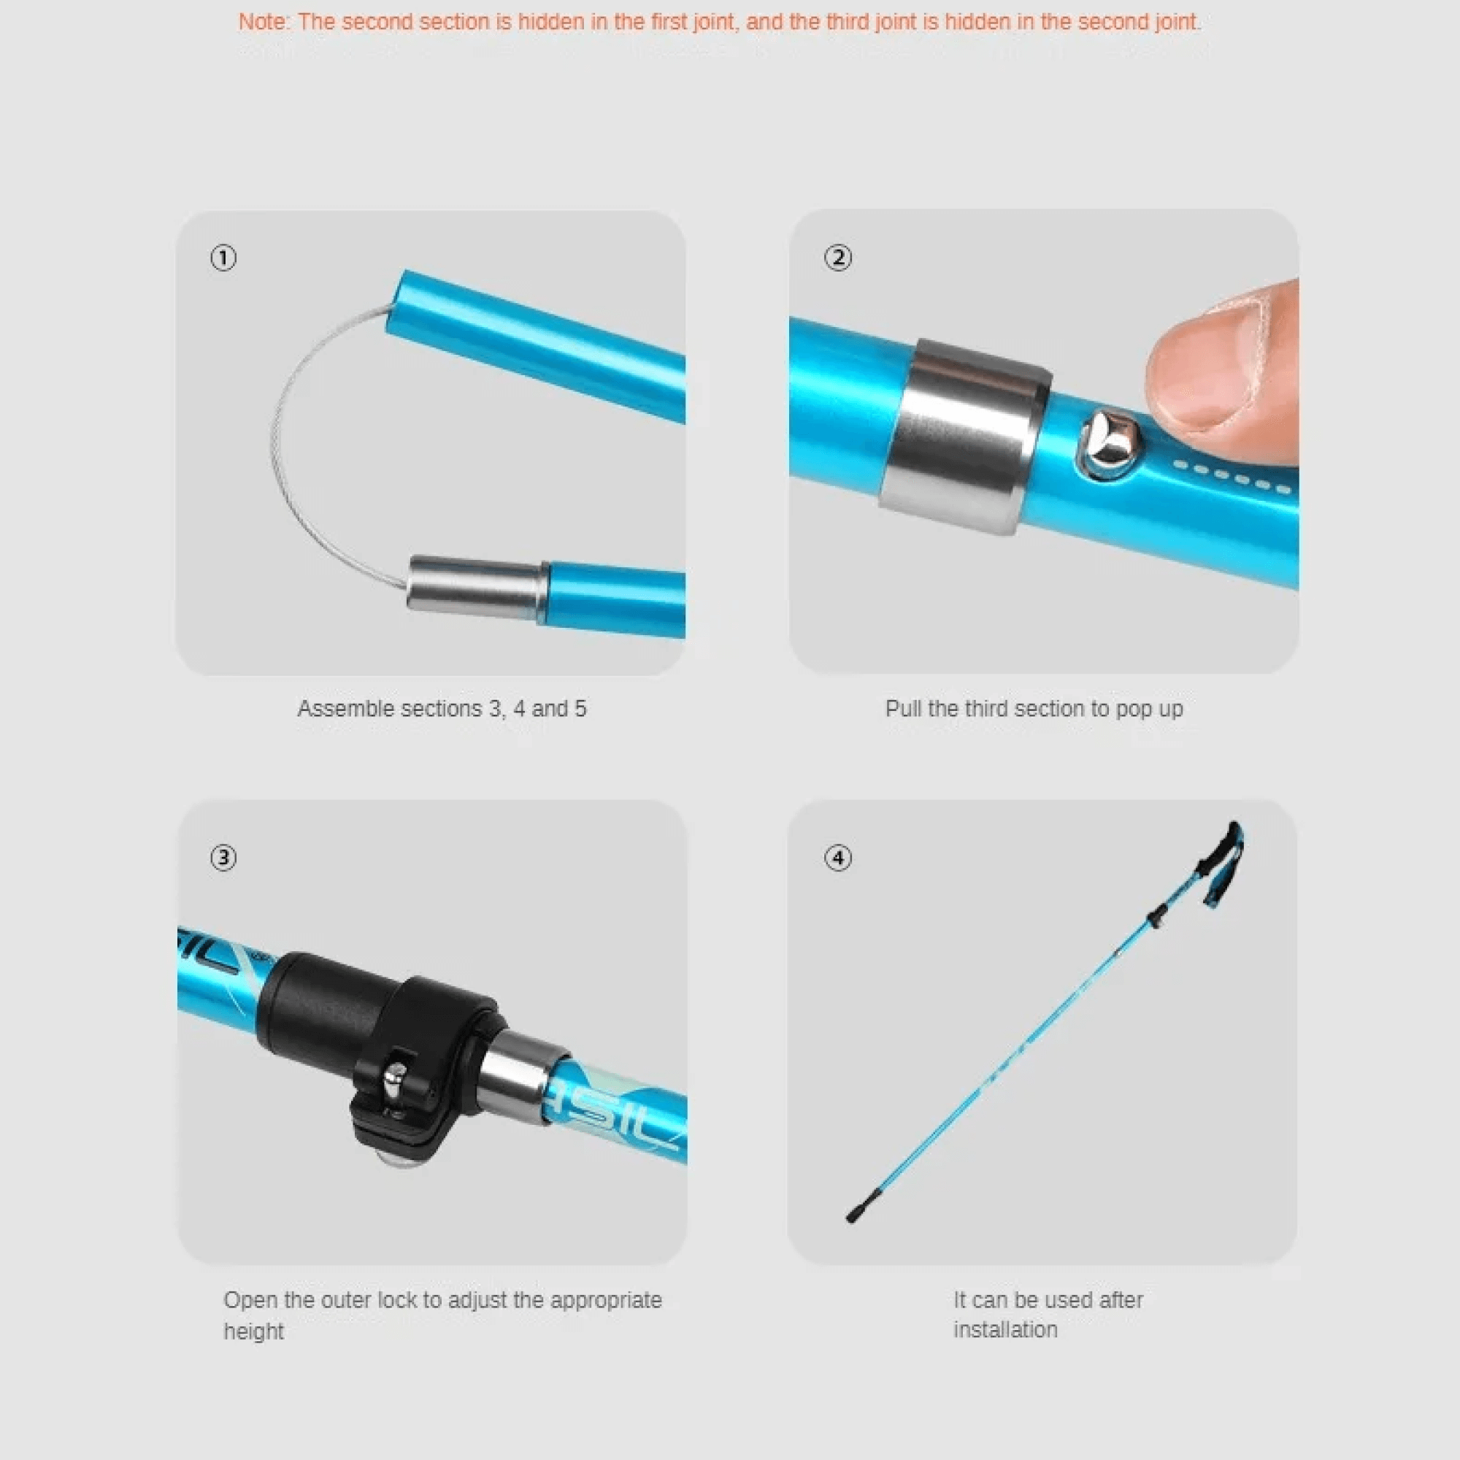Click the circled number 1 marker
[x=223, y=258]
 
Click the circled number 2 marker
[x=837, y=258]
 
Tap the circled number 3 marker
[x=223, y=858]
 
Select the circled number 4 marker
[x=837, y=858]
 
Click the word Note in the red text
[x=262, y=22]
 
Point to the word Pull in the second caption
[x=903, y=709]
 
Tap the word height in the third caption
[x=253, y=1332]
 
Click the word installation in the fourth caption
[x=1005, y=1330]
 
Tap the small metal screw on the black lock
[x=393, y=1082]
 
